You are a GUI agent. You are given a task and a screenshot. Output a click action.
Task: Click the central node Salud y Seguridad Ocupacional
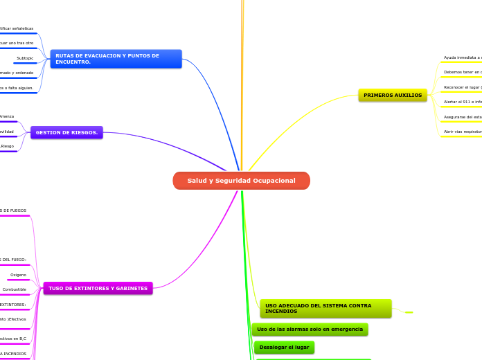[x=241, y=181]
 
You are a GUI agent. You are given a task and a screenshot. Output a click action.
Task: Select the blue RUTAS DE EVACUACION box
[x=116, y=59]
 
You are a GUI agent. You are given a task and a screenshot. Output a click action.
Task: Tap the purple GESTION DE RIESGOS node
[x=66, y=132]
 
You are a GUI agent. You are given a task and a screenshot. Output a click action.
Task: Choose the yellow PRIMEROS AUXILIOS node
[x=393, y=95]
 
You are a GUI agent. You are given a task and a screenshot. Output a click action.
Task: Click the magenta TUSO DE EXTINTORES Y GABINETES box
[x=98, y=288]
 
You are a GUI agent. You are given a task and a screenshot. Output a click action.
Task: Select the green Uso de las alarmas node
[x=310, y=329]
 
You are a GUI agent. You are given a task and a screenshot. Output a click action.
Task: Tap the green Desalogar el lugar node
[x=284, y=347]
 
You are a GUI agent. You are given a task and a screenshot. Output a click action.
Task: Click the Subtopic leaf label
[x=25, y=58]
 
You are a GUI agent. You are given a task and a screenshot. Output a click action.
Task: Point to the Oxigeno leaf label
[x=18, y=275]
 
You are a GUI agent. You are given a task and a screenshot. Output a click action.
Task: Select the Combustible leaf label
[x=15, y=289]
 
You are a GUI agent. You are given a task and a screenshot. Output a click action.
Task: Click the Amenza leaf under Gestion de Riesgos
[x=6, y=116]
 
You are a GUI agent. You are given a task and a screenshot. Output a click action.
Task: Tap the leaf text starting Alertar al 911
[x=463, y=102]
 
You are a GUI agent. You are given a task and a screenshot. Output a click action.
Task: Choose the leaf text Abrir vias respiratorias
[x=463, y=131]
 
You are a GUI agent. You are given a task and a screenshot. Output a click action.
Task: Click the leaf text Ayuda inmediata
[x=463, y=57]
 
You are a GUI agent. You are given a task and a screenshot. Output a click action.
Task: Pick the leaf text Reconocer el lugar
[x=463, y=87]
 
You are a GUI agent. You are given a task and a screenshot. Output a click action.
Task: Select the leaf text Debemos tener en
[x=463, y=72]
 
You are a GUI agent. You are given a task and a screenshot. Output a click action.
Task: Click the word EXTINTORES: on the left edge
[x=12, y=304]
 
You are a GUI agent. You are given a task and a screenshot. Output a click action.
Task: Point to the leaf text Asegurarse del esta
[x=463, y=117]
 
